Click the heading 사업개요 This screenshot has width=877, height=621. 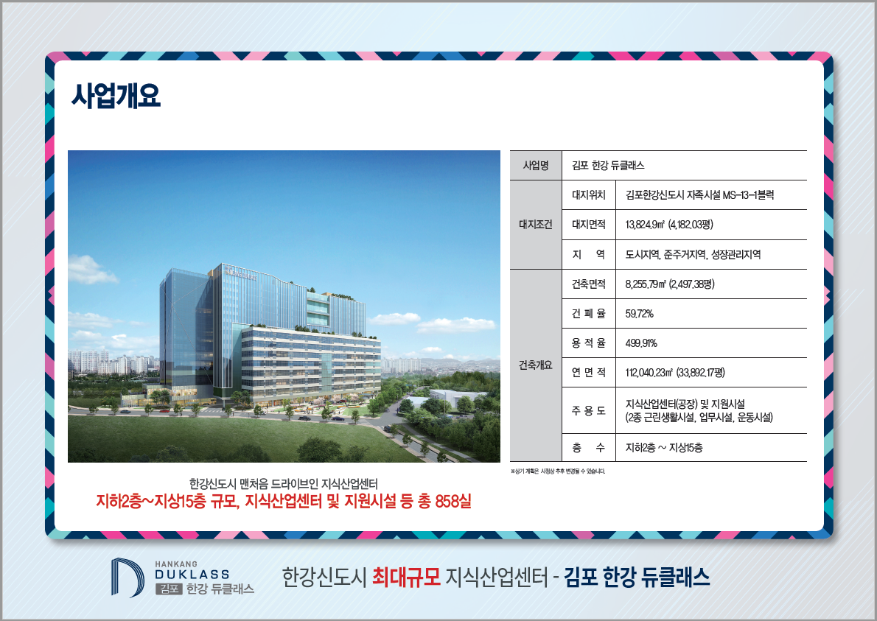[116, 96]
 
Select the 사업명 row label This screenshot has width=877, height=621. [536, 166]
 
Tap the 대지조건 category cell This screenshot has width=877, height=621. [536, 225]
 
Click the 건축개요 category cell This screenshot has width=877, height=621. [536, 365]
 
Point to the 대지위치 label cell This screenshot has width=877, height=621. [588, 195]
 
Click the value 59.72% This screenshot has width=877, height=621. [639, 314]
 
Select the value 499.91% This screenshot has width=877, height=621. [641, 343]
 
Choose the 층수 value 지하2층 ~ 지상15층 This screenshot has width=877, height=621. [664, 448]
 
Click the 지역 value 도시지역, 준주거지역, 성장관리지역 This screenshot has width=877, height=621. [693, 254]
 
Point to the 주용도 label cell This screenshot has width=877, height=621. [588, 411]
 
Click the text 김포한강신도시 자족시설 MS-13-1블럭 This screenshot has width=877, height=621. [699, 195]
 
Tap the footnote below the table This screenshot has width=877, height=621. [558, 471]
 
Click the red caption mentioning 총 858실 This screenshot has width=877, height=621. [284, 501]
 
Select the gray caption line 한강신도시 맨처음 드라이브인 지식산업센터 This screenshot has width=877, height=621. [284, 483]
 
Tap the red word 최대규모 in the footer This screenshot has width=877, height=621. [407, 577]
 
